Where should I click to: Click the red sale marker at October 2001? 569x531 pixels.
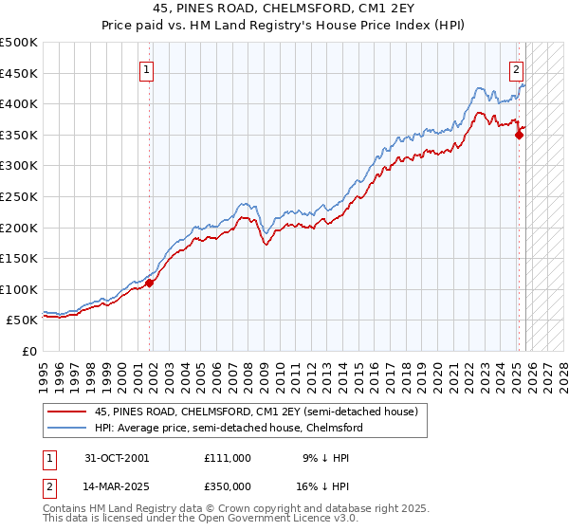pos(150,283)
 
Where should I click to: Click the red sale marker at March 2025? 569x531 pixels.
pos(519,135)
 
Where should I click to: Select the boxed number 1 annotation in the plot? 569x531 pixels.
pos(149,68)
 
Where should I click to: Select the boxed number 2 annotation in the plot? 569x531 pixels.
pos(516,68)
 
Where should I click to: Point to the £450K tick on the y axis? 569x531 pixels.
pos(19,73)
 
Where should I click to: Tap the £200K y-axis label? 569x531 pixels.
pos(19,228)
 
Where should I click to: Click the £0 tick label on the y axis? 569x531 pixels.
pos(28,352)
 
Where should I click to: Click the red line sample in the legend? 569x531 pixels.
pos(68,412)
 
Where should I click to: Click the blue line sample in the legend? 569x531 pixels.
pos(68,428)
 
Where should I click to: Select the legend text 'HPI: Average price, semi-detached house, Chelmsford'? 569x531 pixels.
pos(228,428)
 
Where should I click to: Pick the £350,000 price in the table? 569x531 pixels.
pos(227,485)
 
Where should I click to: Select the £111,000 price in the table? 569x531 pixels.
pos(227,458)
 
